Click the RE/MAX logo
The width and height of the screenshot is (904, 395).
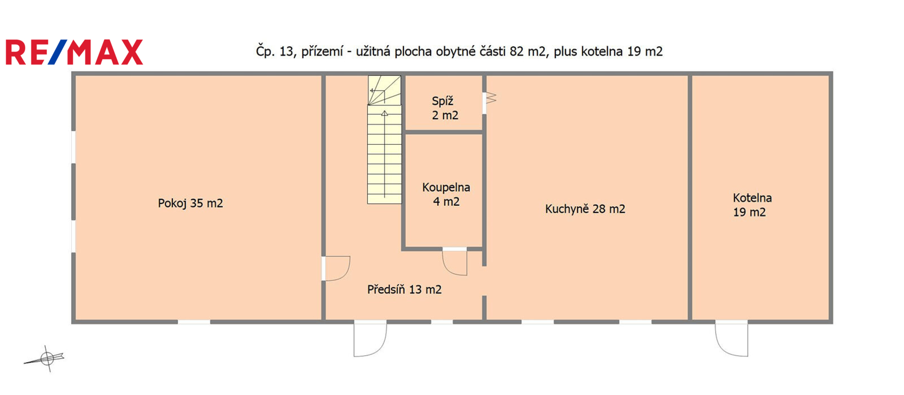pos(74,52)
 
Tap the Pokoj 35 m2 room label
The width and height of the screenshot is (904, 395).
pos(190,203)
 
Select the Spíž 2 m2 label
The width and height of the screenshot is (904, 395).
pos(445,108)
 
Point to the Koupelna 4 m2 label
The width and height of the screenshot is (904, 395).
pos(446,194)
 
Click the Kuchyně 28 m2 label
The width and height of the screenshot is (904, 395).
pos(585,209)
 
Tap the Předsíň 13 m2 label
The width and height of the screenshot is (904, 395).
pos(404,290)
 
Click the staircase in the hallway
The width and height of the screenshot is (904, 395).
pos(384,139)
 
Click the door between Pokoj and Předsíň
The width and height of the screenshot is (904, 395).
pos(336,268)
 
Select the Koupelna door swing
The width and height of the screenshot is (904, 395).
pos(455,262)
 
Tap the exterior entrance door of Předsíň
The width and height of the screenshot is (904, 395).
pos(370,338)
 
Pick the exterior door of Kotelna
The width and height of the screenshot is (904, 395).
pos(731,338)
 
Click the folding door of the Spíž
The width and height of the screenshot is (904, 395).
pos(489,98)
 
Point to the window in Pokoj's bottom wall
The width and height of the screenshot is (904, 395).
pos(194,322)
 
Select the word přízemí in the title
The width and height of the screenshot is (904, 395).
pos(322,52)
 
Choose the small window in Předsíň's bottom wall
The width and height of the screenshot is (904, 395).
pos(441,322)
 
